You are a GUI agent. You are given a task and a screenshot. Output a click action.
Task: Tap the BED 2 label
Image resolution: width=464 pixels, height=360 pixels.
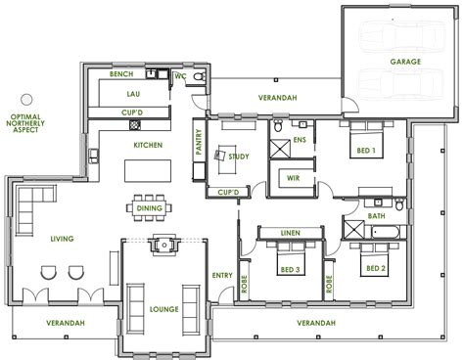pyautogui.click(x=374, y=268)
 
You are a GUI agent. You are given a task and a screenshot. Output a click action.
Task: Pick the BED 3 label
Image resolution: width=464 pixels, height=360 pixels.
pyautogui.click(x=292, y=268)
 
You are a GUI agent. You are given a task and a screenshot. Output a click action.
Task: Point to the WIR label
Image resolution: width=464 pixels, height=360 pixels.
pyautogui.click(x=293, y=177)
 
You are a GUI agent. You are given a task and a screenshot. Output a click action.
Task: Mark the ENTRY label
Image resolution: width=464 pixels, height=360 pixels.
pyautogui.click(x=221, y=276)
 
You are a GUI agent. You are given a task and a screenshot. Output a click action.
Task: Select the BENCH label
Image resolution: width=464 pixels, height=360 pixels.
pyautogui.click(x=121, y=74)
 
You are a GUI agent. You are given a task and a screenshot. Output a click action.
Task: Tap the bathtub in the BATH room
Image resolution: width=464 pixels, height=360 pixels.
pyautogui.click(x=382, y=231)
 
